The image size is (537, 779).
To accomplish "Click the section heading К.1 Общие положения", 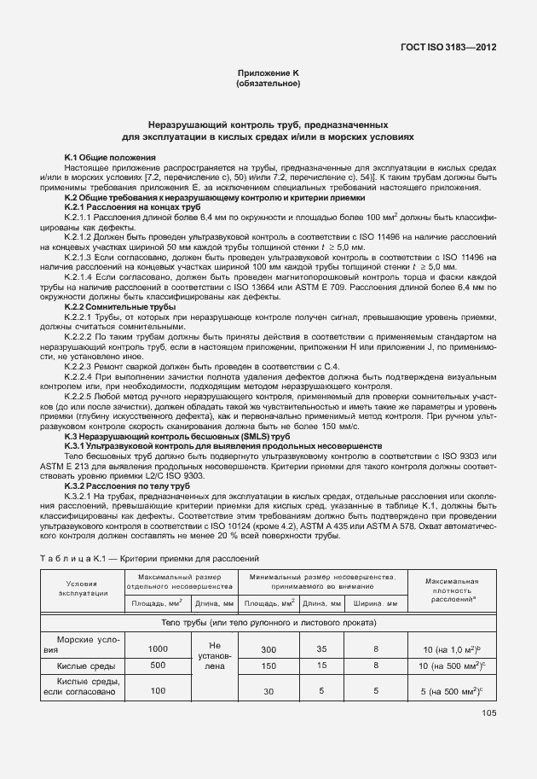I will coord(110,158).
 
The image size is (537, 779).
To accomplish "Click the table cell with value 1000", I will coord(158,648).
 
